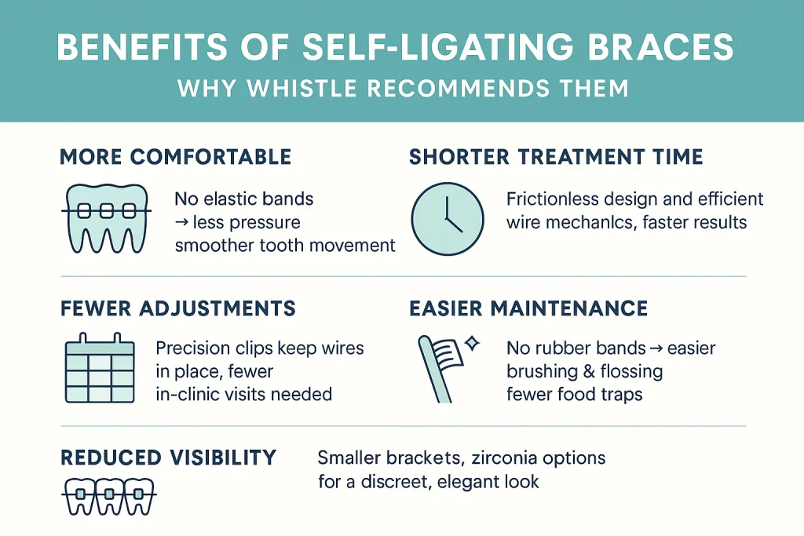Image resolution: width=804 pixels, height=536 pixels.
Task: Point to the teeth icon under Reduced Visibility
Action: click(106, 496)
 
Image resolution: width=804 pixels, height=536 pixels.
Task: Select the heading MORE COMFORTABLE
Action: click(176, 156)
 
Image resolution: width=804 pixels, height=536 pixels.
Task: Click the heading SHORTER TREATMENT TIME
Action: click(556, 156)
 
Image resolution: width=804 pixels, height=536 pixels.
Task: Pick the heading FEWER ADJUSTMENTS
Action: click(178, 308)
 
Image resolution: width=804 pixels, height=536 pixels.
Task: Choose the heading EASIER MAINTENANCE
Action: click(528, 308)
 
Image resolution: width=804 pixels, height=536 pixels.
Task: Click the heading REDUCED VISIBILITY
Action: click(168, 457)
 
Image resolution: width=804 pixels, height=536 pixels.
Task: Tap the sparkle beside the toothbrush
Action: click(471, 343)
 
